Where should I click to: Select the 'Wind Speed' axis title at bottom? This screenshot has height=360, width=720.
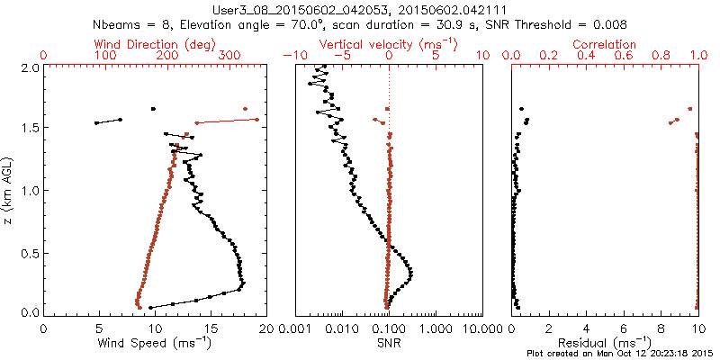pyautogui.click(x=156, y=343)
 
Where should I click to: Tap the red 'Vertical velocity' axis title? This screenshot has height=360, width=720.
pyautogui.click(x=388, y=44)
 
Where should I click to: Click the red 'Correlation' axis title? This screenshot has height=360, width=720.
pyautogui.click(x=605, y=44)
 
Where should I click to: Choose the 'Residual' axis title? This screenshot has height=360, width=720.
pyautogui.click(x=605, y=343)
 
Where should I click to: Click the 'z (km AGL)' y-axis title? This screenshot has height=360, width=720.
pyautogui.click(x=12, y=189)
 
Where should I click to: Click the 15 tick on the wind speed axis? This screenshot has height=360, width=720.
pyautogui.click(x=210, y=329)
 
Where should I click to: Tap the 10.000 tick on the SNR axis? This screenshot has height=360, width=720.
pyautogui.click(x=481, y=329)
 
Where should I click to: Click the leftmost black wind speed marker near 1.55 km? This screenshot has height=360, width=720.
pyautogui.click(x=96, y=123)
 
